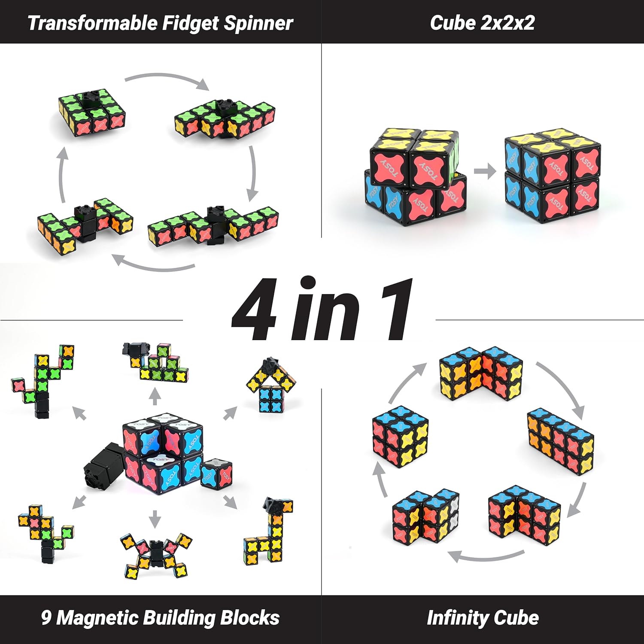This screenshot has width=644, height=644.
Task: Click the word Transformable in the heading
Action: click(x=93, y=23)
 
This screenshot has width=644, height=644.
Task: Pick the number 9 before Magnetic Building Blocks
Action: click(x=46, y=618)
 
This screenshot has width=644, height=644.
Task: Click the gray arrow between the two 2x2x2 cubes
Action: click(x=485, y=171)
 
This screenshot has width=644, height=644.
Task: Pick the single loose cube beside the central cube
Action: click(x=216, y=474)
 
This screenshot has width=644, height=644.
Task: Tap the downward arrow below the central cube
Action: click(x=155, y=519)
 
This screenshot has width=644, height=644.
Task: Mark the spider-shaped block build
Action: click(x=155, y=554)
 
